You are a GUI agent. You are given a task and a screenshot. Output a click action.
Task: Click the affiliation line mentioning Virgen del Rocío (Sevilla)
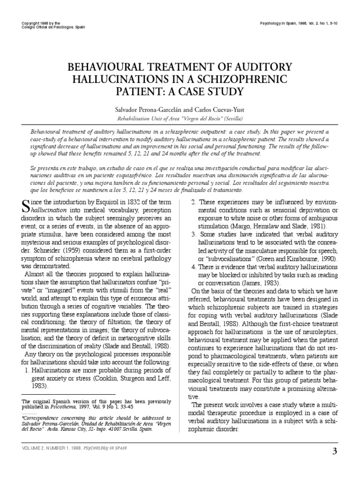180,119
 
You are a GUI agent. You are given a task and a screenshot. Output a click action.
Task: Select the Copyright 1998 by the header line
43,23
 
